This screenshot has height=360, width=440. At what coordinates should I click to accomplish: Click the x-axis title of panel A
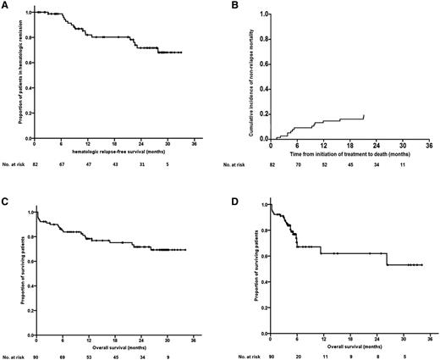pyautogui.click(x=115, y=153)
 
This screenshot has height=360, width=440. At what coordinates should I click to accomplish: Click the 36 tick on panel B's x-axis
pyautogui.click(x=429, y=147)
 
